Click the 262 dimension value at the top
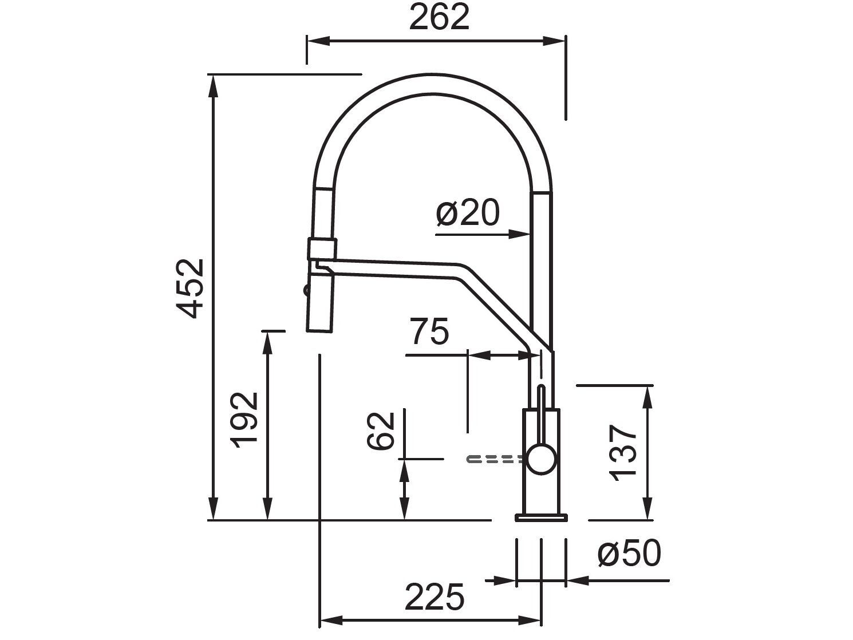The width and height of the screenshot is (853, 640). [439, 17]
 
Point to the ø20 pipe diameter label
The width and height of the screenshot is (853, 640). [468, 214]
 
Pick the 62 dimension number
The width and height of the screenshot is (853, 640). [381, 430]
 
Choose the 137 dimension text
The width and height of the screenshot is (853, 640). [623, 453]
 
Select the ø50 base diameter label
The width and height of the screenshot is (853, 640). [629, 554]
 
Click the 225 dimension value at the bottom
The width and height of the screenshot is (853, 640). [434, 598]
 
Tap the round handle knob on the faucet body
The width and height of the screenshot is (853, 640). [541, 460]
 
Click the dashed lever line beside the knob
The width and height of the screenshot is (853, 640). [496, 459]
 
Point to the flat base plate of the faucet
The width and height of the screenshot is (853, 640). [541, 518]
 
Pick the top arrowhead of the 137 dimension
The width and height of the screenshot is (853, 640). [648, 396]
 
